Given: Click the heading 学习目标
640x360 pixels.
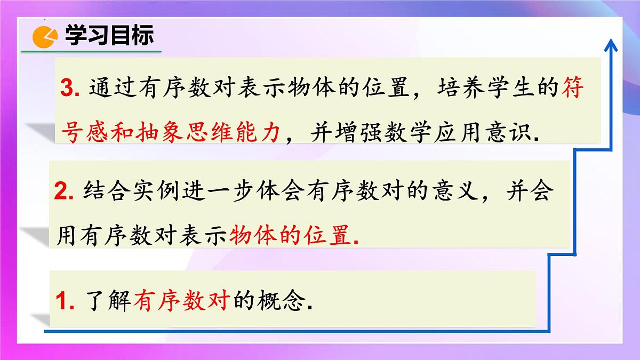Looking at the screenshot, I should tap(109, 36).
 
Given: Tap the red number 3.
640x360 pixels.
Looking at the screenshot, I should tap(70, 89).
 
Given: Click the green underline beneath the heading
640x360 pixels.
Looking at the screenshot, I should tap(91, 51).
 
